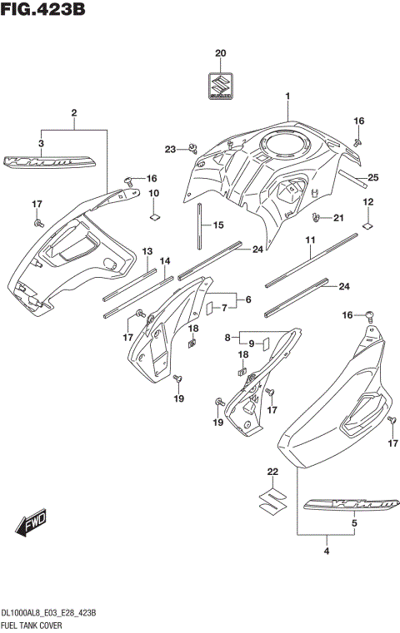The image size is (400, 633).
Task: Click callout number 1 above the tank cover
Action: click(x=287, y=97)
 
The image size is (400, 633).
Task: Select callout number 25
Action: click(x=372, y=177)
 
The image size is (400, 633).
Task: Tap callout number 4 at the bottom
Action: click(x=327, y=549)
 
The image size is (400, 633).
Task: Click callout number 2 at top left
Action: click(x=74, y=112)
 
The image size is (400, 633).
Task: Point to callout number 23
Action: click(x=170, y=150)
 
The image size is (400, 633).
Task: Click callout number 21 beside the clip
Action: click(x=338, y=218)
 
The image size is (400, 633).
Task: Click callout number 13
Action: click(x=147, y=251)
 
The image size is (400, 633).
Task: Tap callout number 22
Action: click(x=272, y=472)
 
